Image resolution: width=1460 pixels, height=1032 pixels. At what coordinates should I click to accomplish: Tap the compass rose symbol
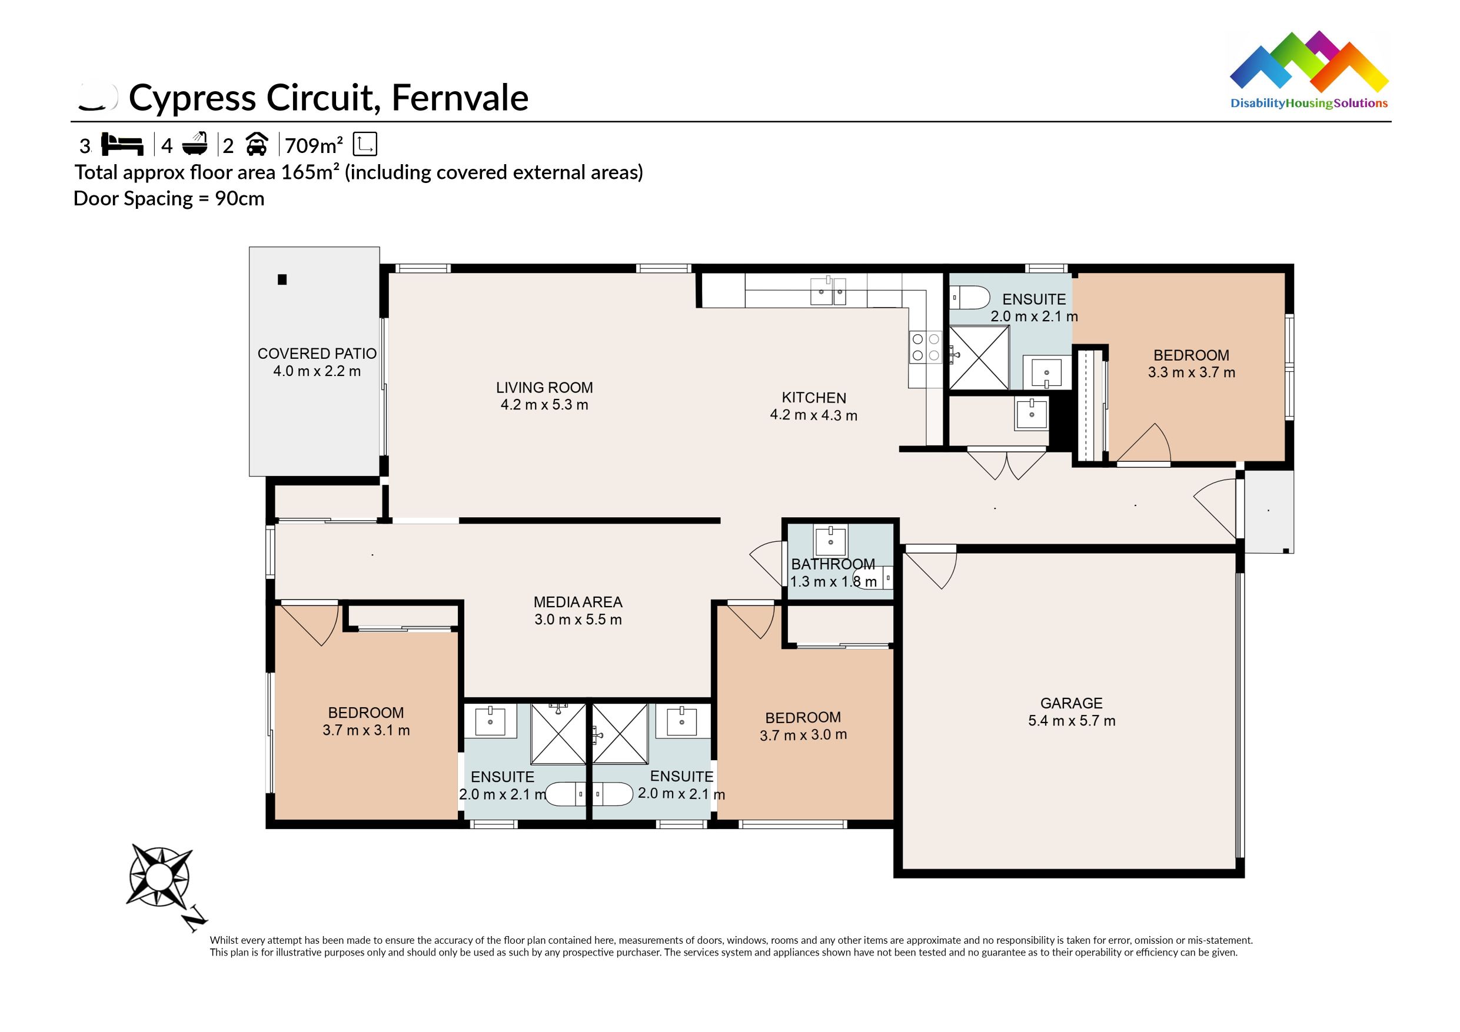[x=159, y=877]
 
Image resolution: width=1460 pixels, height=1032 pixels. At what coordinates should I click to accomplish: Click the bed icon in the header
[x=123, y=144]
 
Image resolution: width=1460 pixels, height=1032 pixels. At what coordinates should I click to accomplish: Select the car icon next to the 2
[x=255, y=145]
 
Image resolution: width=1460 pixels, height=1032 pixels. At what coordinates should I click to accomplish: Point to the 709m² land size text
[x=314, y=145]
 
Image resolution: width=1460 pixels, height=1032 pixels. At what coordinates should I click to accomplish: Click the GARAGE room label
[x=1071, y=703]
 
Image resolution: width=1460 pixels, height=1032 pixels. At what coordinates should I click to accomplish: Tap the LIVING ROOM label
[x=544, y=387]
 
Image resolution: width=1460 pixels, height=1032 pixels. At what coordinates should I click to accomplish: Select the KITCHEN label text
[x=813, y=398]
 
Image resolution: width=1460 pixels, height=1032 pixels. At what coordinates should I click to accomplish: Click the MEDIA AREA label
[x=577, y=602]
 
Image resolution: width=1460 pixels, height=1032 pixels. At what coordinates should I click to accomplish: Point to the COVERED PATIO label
[x=317, y=354]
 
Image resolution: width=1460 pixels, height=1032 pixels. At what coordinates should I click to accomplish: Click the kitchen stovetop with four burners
[x=925, y=348]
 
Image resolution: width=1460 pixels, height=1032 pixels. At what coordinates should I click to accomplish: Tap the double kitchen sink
[x=828, y=292]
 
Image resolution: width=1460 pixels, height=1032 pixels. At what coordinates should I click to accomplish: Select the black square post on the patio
[x=282, y=279]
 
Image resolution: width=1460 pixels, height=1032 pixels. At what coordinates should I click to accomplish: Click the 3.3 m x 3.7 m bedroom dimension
[x=1191, y=372]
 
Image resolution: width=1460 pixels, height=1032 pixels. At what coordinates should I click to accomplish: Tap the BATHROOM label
[x=832, y=564]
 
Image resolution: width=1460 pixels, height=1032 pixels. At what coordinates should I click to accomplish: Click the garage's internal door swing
[x=931, y=568]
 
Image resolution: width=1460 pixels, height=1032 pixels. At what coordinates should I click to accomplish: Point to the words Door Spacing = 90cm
[x=168, y=198]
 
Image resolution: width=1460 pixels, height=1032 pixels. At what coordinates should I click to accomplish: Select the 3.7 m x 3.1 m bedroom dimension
[x=365, y=730]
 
